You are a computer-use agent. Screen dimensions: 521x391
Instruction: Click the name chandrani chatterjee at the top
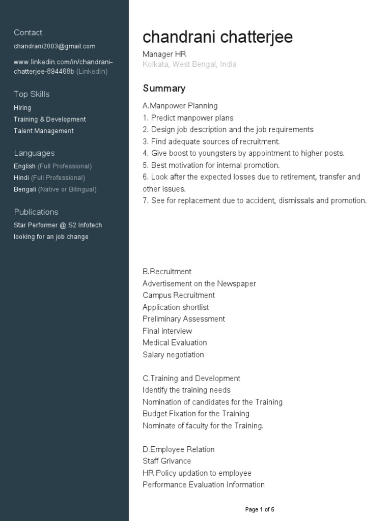click(217, 37)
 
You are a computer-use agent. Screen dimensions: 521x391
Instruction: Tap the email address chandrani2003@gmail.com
click(54, 46)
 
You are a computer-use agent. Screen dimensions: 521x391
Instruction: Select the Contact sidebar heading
click(28, 33)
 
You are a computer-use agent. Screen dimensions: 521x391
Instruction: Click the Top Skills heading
click(32, 94)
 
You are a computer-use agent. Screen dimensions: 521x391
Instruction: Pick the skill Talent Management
click(44, 131)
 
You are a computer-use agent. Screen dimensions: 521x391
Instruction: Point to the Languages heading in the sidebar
click(34, 153)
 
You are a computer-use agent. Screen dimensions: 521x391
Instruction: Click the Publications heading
click(36, 212)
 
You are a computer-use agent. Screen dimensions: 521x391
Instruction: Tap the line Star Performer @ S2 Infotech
click(58, 225)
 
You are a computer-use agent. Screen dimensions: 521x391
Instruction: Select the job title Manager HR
click(161, 54)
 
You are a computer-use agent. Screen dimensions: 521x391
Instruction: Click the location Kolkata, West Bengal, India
click(189, 65)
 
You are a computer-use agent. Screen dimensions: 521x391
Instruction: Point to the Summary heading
click(164, 89)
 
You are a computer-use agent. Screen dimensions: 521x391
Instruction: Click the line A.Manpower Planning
click(180, 106)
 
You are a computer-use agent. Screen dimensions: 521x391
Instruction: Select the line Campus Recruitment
click(179, 295)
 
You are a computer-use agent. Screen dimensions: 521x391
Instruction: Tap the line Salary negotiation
click(173, 355)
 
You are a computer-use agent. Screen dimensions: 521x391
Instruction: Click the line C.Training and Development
click(191, 379)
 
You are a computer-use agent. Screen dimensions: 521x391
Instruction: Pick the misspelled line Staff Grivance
click(167, 461)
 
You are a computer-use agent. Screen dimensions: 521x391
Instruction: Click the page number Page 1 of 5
click(260, 509)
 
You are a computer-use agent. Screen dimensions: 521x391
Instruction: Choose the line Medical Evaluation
click(175, 342)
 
